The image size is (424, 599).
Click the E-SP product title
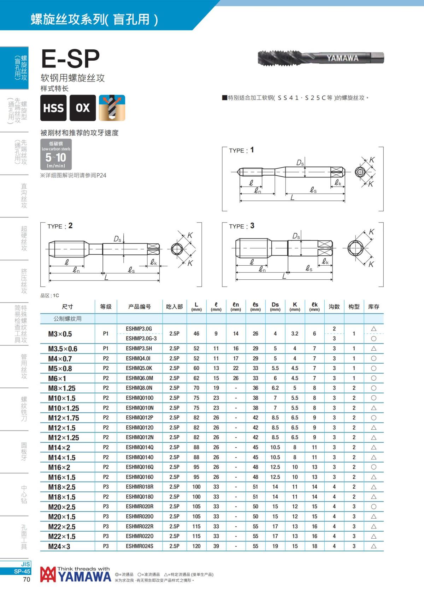(71, 59)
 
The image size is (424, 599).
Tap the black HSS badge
(53, 108)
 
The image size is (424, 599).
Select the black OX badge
(83, 108)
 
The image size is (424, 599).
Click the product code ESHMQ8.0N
(139, 388)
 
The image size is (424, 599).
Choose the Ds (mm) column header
(275, 307)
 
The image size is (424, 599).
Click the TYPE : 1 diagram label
(241, 150)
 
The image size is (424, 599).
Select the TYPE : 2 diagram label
(60, 226)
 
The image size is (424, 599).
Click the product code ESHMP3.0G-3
(141, 339)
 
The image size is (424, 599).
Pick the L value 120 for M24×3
(196, 546)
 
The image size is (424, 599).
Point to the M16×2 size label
(59, 467)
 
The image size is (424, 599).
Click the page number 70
(26, 579)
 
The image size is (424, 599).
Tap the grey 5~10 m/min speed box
(56, 155)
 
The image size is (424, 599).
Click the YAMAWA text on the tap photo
(342, 58)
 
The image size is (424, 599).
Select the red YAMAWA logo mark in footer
(48, 575)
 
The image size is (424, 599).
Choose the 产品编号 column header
(140, 307)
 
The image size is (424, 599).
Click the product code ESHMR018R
(140, 487)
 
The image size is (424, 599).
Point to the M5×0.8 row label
(60, 369)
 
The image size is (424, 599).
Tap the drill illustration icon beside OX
(112, 108)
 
